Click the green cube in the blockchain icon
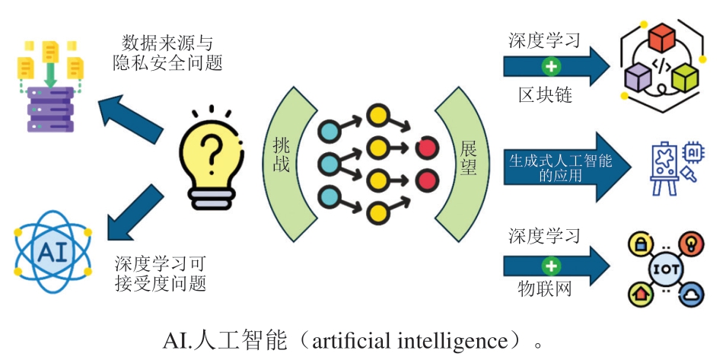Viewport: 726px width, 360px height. point(683,76)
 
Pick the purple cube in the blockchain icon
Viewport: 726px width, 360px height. point(637,76)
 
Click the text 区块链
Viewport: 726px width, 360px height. point(544,96)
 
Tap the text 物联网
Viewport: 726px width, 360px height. point(544,290)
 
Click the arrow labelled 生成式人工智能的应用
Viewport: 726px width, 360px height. point(567,167)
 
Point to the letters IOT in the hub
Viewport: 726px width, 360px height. point(661,269)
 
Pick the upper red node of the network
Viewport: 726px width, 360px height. point(427,148)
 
